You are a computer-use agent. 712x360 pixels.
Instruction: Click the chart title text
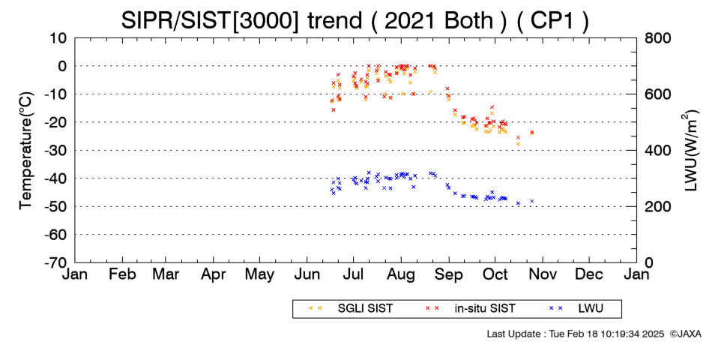(355, 20)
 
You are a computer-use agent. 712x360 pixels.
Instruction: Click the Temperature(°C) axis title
(26, 151)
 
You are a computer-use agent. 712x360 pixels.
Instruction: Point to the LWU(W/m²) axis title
(690, 151)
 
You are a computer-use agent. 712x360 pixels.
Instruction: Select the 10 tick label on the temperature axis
(58, 38)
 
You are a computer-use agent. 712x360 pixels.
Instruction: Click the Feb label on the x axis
(122, 274)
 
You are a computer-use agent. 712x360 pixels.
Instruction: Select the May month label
(259, 275)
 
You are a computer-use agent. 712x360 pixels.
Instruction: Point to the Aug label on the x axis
(401, 275)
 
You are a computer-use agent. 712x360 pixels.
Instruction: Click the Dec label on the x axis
(589, 274)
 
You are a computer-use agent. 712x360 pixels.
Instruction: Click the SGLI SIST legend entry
(365, 309)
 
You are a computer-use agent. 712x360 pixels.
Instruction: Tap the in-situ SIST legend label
(485, 309)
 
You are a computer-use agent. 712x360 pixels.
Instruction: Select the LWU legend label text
(591, 309)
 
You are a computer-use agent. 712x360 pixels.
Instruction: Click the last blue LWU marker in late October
(531, 201)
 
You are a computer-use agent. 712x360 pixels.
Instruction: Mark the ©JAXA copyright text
(685, 334)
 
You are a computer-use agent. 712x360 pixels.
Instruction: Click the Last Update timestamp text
(576, 334)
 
